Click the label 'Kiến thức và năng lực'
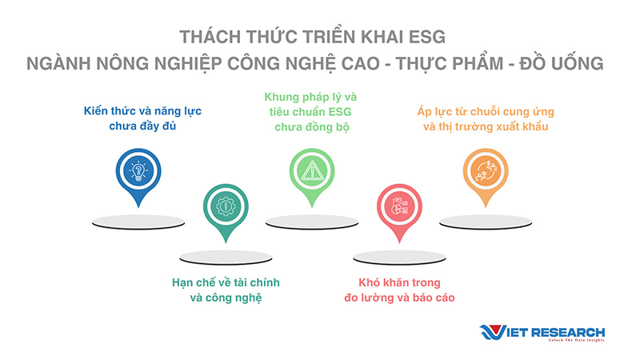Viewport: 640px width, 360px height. pos(142,111)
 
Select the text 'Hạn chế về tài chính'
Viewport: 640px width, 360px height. pos(226,282)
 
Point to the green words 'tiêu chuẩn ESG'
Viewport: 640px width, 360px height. pos(310,112)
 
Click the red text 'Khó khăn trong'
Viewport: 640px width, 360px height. pos(399,282)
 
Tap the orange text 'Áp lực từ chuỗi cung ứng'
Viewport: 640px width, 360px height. pos(486,111)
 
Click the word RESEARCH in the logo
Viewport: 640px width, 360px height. pos(568,332)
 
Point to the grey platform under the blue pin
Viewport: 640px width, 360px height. pos(138,222)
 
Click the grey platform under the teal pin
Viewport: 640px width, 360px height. pos(226,258)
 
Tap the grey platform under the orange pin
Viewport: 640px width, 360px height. pos(486,222)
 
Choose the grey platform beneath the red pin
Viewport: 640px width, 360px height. pos(399,258)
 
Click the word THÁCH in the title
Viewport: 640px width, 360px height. pos(210,36)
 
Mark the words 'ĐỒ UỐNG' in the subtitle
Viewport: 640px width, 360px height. pos(562,63)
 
